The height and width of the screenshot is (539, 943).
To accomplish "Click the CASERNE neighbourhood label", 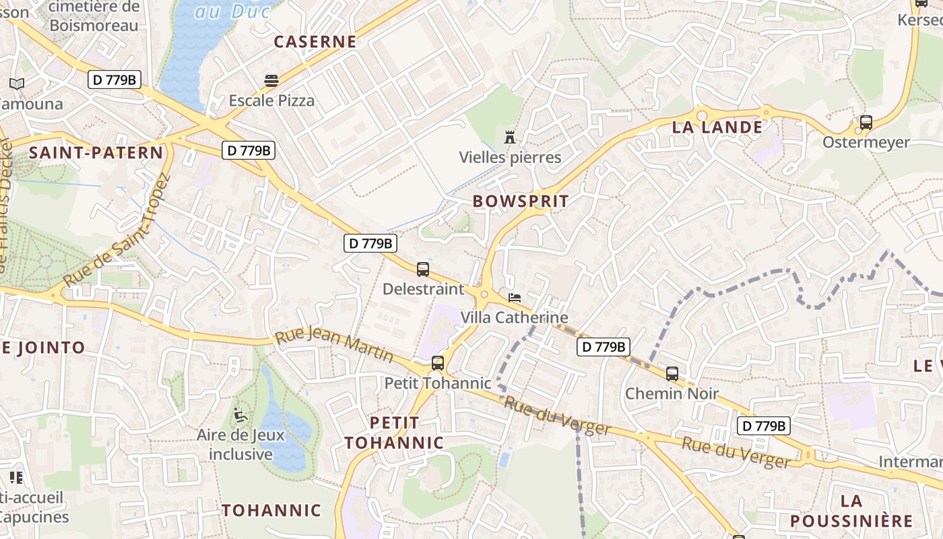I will [x=315, y=42].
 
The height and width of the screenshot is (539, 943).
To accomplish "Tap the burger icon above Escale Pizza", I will [x=271, y=81].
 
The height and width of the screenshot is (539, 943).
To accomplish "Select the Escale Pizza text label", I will [x=271, y=101].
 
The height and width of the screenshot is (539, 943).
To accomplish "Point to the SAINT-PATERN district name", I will [x=96, y=153].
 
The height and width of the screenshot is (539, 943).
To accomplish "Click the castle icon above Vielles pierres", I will [x=510, y=137].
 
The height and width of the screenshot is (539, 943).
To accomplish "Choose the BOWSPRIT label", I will [x=521, y=201].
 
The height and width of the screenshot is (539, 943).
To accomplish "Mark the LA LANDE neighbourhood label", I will [x=717, y=127].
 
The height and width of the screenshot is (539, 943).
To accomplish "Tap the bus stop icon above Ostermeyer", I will [x=866, y=123].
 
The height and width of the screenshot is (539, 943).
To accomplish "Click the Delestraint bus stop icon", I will [x=423, y=269].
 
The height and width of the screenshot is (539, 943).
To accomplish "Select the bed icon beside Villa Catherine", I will [x=515, y=297].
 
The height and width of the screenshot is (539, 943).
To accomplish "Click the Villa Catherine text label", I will [x=515, y=317].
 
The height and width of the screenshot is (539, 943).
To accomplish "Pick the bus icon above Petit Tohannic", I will [x=438, y=363].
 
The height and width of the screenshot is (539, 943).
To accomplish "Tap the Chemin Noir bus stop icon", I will [x=672, y=373].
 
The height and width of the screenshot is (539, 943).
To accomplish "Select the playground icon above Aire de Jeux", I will [x=240, y=415].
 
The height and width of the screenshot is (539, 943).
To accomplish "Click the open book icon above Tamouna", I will [x=17, y=84].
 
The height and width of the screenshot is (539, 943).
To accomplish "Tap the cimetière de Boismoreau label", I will [x=94, y=17].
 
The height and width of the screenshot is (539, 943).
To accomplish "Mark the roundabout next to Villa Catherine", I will [x=484, y=294].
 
